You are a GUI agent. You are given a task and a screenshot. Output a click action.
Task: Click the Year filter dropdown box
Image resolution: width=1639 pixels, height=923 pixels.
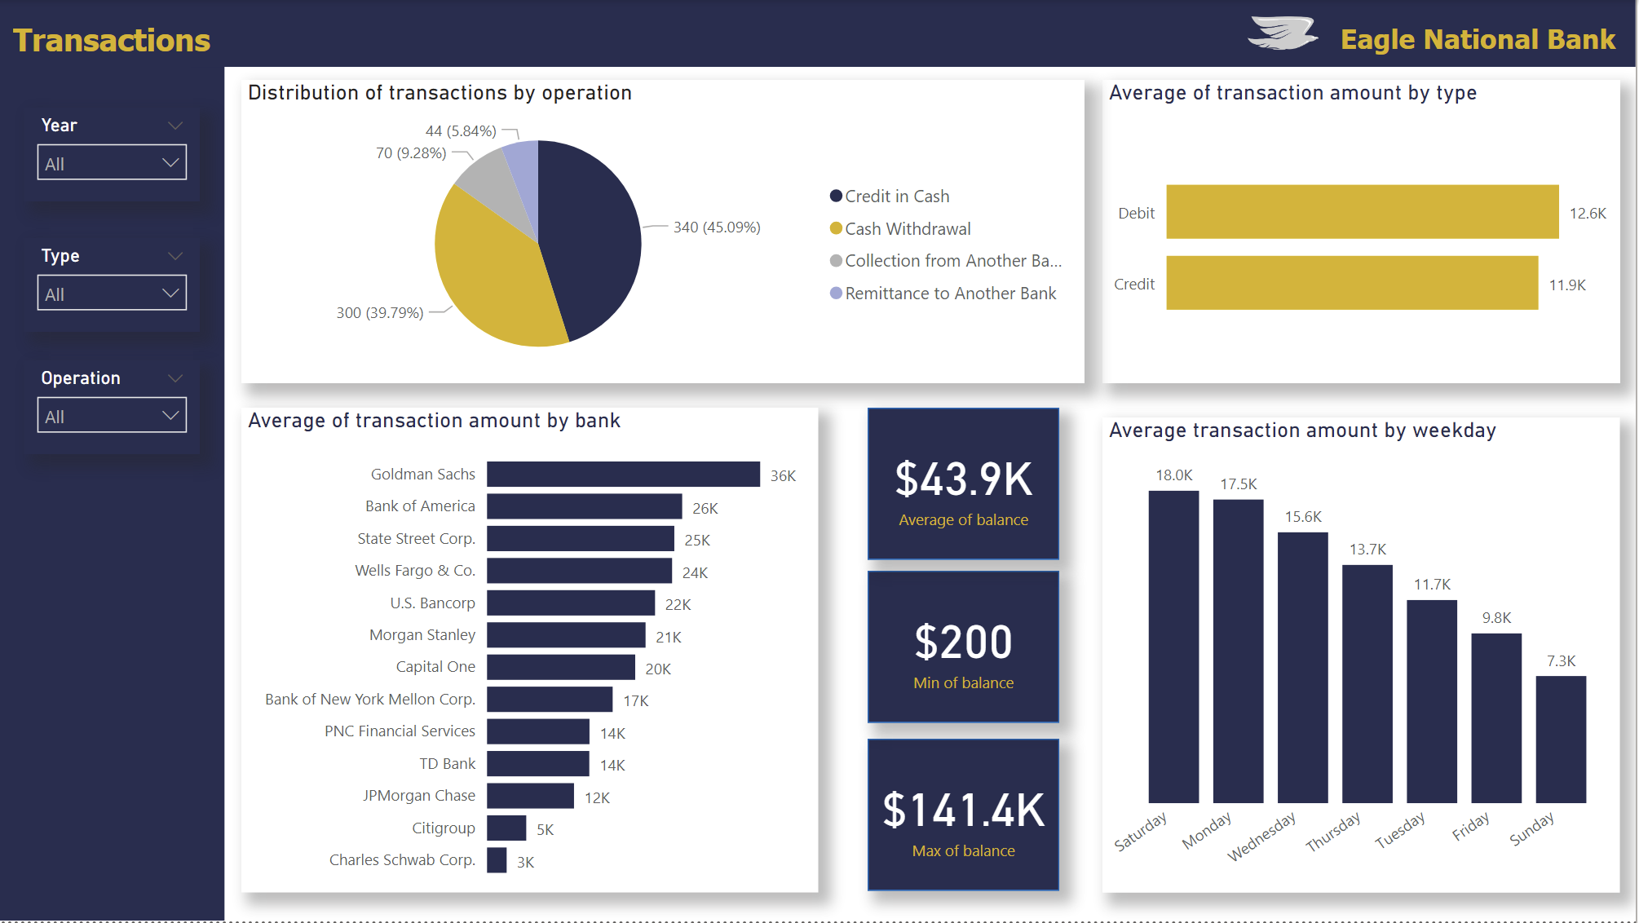[x=112, y=162]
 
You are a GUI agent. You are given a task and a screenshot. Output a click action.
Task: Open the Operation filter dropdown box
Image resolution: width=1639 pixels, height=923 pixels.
[x=112, y=415]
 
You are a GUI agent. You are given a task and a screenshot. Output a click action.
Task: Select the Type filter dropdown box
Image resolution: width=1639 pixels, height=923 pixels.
[x=112, y=293]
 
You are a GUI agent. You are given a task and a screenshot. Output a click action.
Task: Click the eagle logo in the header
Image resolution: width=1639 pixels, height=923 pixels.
[x=1283, y=34]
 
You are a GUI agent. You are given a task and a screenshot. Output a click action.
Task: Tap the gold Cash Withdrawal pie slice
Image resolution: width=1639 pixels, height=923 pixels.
[x=489, y=277]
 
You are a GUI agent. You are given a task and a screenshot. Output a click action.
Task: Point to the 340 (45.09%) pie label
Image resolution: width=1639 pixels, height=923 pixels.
[x=716, y=227]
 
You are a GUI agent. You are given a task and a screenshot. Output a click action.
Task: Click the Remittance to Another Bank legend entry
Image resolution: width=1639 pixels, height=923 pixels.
[x=950, y=294]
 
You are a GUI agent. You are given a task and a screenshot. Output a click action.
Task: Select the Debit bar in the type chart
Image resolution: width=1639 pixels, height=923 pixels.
[x=1362, y=212]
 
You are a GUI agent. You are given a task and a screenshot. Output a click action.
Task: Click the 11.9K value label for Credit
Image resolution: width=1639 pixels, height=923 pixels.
[x=1566, y=285]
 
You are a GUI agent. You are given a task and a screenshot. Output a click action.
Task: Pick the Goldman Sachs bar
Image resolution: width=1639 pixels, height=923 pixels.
[x=623, y=475]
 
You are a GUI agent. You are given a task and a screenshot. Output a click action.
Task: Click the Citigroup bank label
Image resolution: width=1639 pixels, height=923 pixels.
[x=443, y=828]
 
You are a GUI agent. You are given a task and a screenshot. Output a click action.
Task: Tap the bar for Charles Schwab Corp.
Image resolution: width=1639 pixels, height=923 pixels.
[x=497, y=860]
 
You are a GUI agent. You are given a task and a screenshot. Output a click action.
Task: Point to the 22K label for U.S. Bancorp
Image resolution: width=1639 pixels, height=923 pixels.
[x=678, y=605]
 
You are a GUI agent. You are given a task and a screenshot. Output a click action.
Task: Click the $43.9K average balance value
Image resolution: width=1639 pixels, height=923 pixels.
[x=963, y=479]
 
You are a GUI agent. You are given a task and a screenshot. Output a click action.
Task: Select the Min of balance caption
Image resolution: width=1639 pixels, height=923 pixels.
[x=963, y=683]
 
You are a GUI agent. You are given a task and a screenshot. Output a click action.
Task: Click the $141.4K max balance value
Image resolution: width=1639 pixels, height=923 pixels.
[x=963, y=810]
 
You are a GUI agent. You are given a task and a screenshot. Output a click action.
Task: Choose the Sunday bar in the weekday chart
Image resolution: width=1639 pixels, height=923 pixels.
[x=1560, y=739]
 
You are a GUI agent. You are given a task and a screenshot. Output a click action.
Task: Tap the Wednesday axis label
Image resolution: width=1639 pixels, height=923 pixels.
[x=1261, y=837]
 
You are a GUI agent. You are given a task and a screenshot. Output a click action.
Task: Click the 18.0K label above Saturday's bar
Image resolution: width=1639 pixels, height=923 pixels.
[x=1173, y=475]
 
